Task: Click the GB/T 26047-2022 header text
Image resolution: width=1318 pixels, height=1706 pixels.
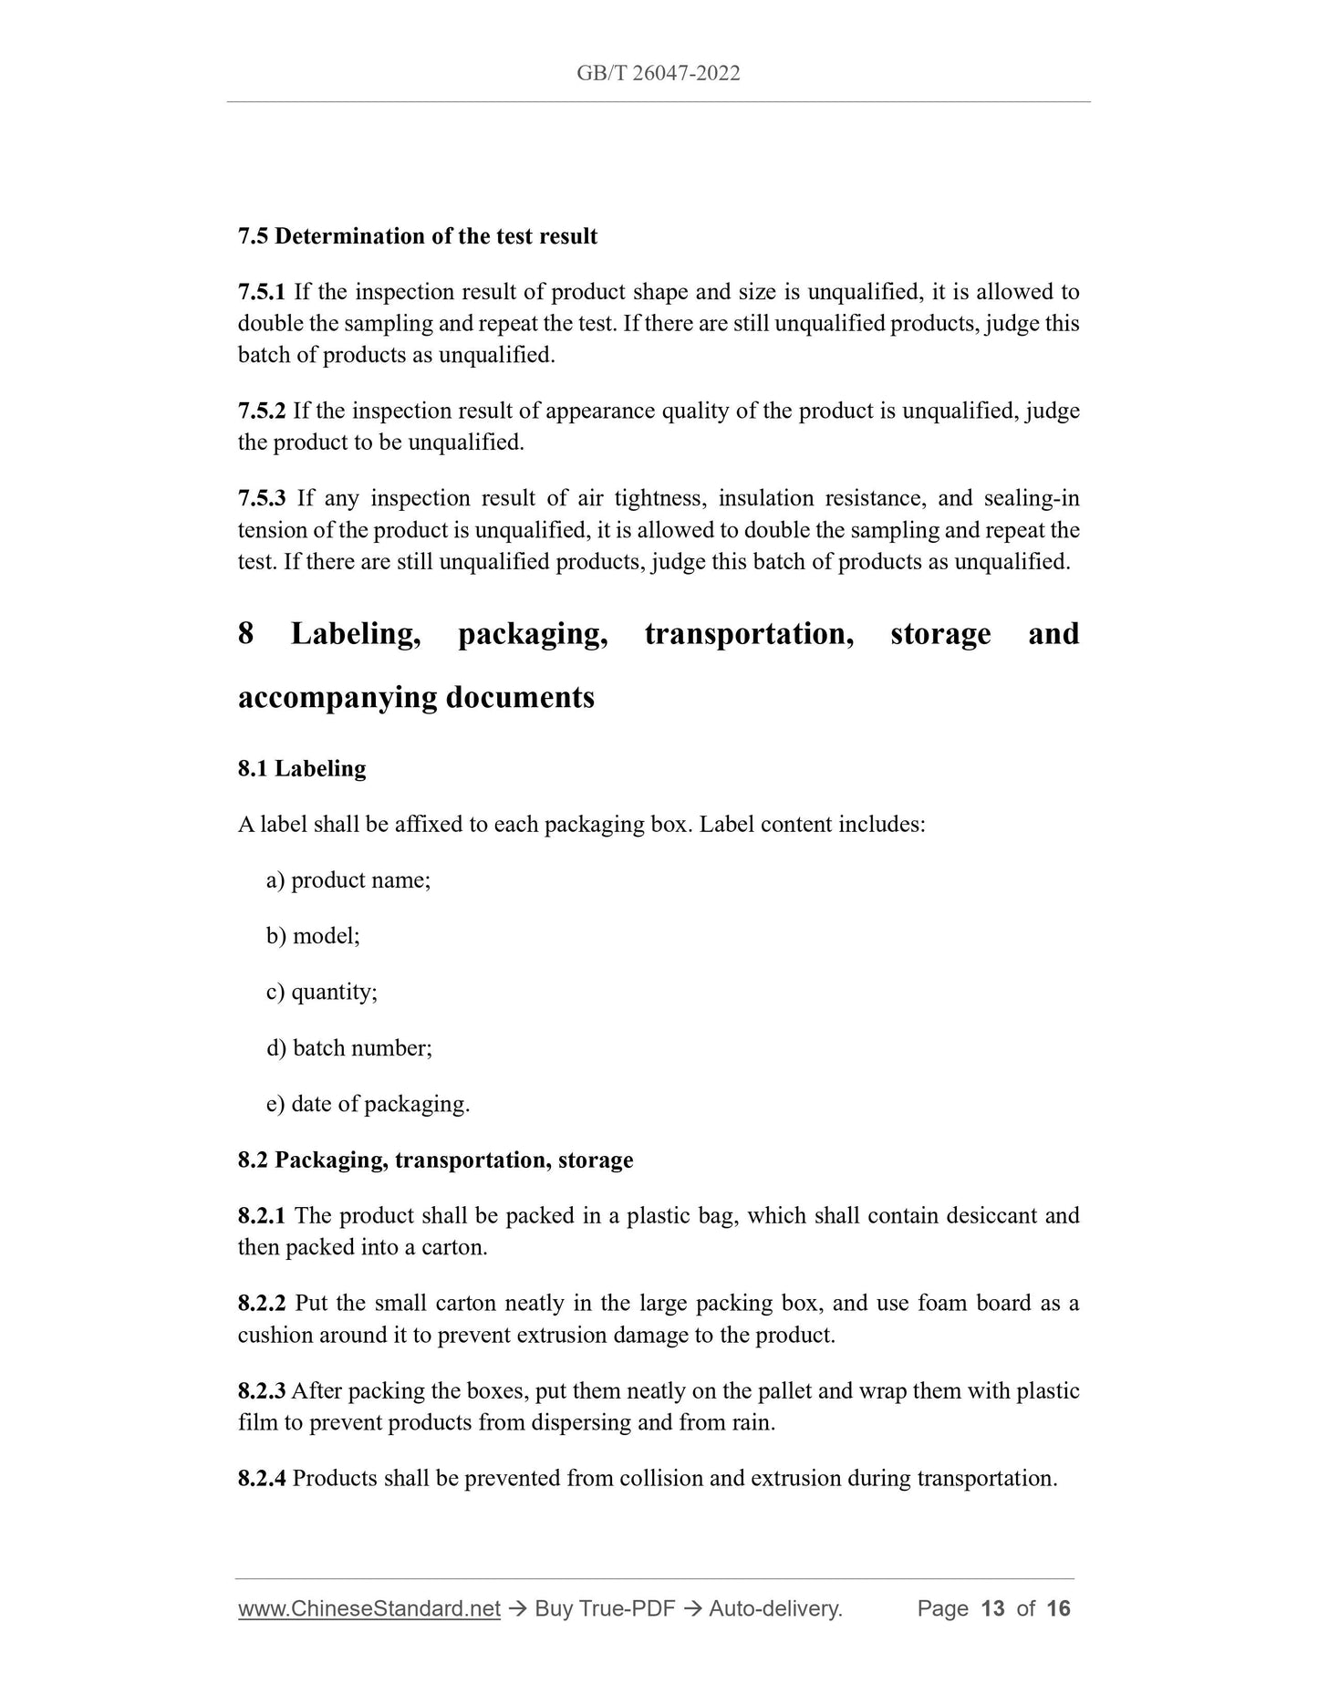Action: pyautogui.click(x=658, y=74)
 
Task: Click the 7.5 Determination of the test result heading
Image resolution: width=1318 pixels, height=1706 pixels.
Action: pyautogui.click(x=417, y=236)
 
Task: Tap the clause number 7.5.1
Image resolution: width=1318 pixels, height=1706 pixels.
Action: pyautogui.click(x=262, y=292)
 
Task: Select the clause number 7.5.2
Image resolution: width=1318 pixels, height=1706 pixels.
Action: pyautogui.click(x=262, y=411)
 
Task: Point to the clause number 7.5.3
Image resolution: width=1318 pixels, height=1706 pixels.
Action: pyautogui.click(x=262, y=498)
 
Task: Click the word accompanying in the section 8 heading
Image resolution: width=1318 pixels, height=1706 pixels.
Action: pyautogui.click(x=337, y=697)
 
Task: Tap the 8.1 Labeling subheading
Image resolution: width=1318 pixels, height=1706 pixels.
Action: pyautogui.click(x=302, y=768)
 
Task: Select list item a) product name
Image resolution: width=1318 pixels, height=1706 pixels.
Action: pyautogui.click(x=348, y=880)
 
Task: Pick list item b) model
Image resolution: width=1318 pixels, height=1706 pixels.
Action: pyautogui.click(x=313, y=936)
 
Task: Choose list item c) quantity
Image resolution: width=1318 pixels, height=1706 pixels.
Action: pyautogui.click(x=322, y=992)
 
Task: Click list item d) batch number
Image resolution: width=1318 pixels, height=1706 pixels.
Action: pyautogui.click(x=349, y=1048)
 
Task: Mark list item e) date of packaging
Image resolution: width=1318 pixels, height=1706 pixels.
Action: pyautogui.click(x=368, y=1104)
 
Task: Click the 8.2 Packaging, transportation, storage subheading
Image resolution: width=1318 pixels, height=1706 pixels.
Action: pyautogui.click(x=435, y=1160)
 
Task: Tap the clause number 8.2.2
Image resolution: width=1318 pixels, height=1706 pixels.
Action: pyautogui.click(x=262, y=1304)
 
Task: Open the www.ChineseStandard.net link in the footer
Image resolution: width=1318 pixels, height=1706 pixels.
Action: pyautogui.click(x=369, y=1608)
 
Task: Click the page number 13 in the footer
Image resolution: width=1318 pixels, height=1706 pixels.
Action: pyautogui.click(x=991, y=1608)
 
